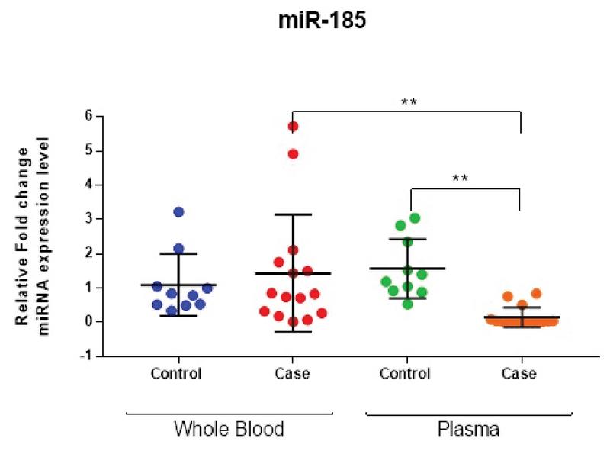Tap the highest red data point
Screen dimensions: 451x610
point(292,126)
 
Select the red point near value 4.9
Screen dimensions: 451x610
point(293,154)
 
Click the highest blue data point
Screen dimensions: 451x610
point(178,211)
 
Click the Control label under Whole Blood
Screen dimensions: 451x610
point(177,374)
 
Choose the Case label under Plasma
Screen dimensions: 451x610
point(519,374)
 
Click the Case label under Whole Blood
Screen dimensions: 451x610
point(292,374)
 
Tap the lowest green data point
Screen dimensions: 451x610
point(408,304)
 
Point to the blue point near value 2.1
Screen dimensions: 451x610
point(178,249)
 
